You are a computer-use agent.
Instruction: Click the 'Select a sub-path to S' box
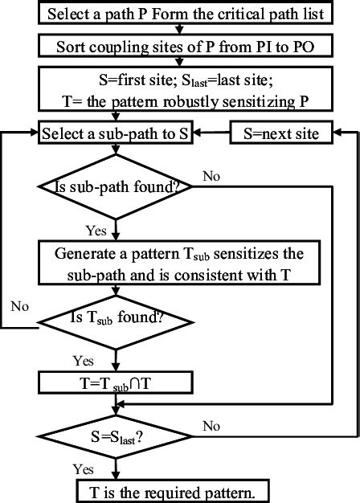click(x=118, y=133)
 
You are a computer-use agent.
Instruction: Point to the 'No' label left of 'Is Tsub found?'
click(x=20, y=307)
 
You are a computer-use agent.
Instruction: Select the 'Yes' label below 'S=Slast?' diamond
click(x=84, y=469)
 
